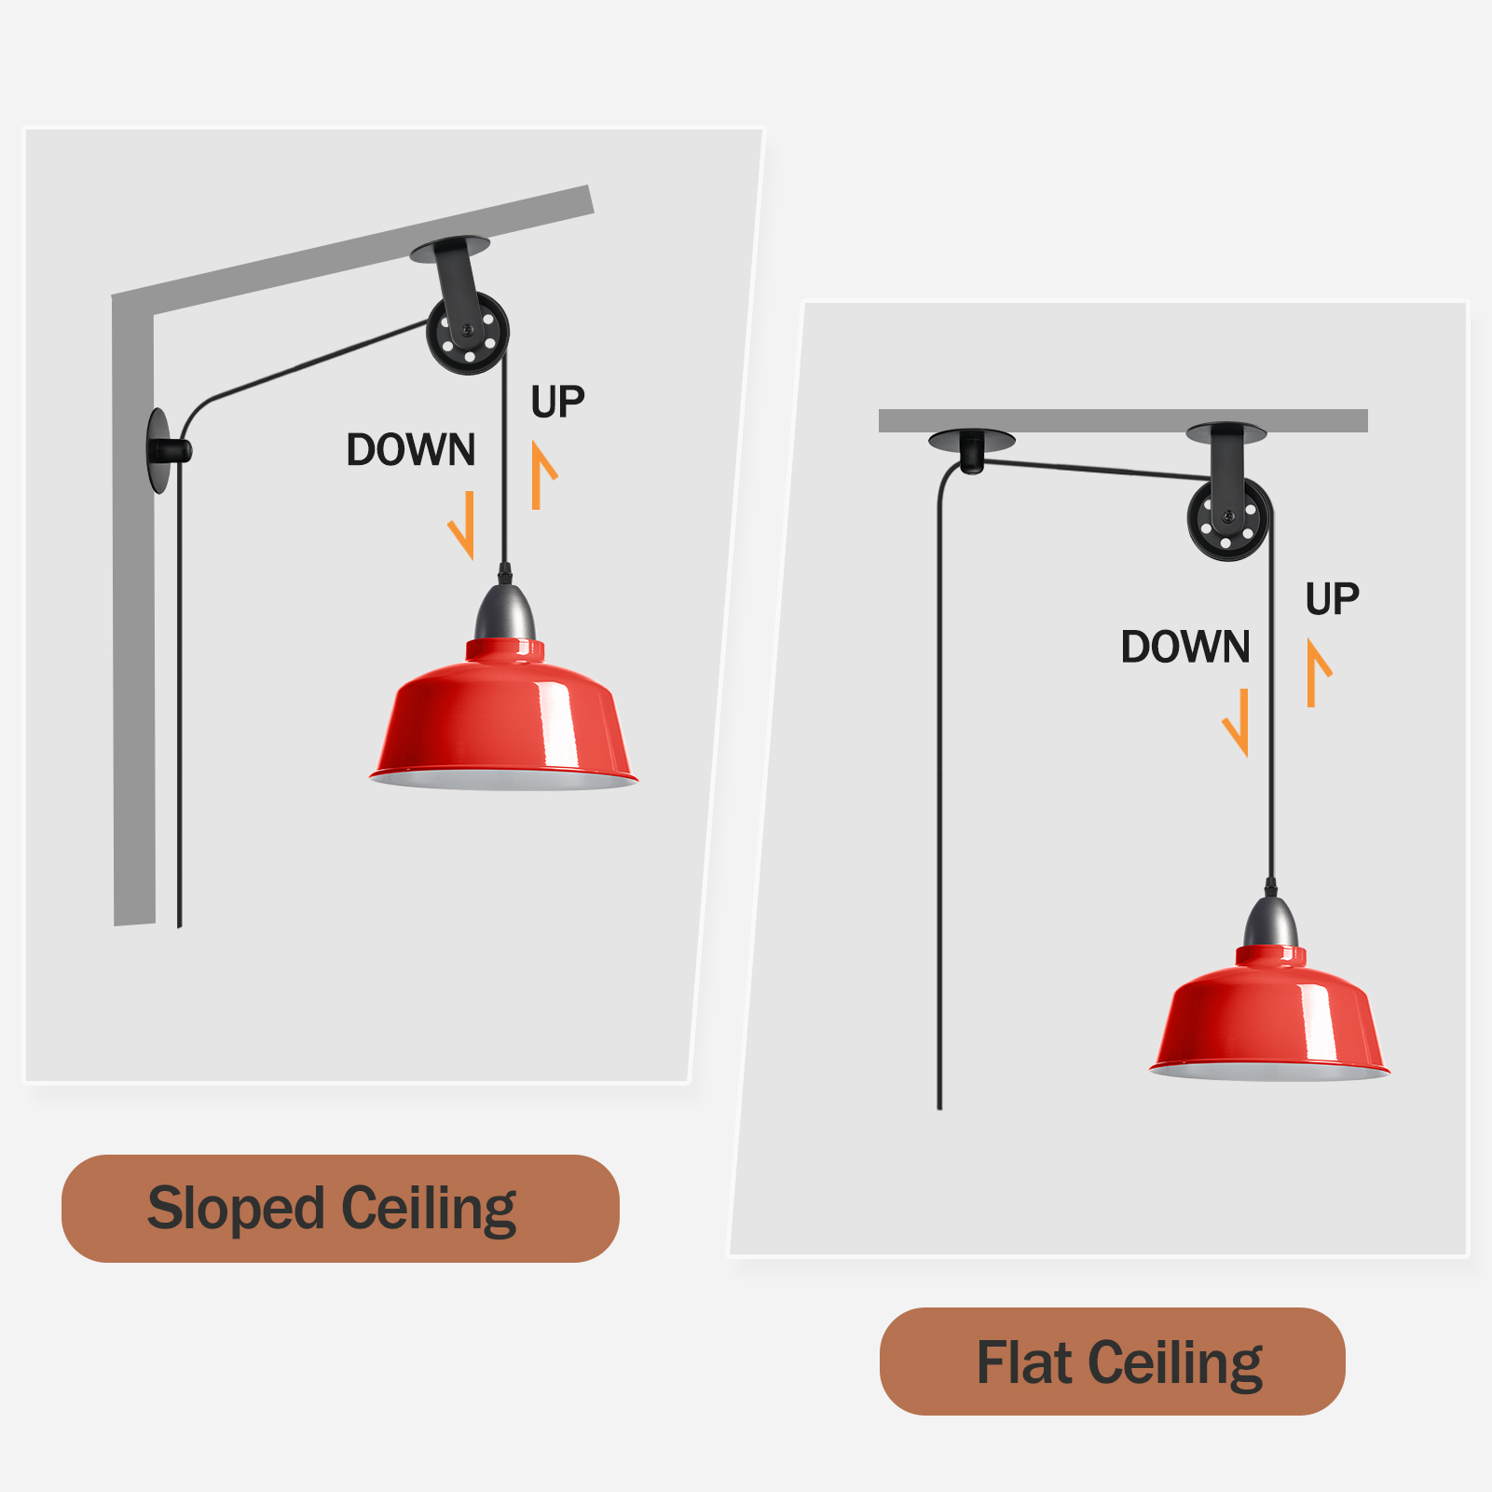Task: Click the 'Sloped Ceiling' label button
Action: pos(340,1208)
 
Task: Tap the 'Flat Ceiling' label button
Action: pos(1112,1362)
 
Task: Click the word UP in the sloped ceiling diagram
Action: pos(557,403)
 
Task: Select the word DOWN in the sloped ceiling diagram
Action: pos(411,450)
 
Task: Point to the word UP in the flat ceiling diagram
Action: pos(1332,598)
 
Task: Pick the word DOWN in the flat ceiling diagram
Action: pos(1185,647)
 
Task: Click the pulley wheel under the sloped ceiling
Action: pos(468,333)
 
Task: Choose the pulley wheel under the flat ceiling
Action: pos(1229,519)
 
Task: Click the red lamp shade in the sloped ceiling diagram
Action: pos(503,713)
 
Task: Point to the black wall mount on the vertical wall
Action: pos(166,451)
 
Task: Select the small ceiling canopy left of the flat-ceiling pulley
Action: pos(972,447)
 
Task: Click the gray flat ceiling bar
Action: pos(1123,420)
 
